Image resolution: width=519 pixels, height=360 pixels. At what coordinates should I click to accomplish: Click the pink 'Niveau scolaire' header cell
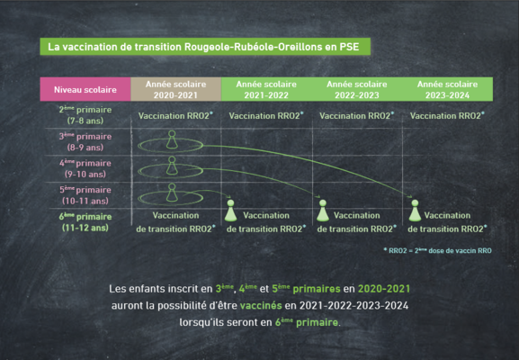(85, 89)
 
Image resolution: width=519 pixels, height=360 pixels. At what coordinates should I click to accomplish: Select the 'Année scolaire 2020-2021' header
(175, 89)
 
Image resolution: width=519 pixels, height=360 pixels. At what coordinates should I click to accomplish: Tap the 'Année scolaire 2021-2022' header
(266, 89)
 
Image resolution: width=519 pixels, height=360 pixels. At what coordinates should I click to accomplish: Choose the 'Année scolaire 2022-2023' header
(357, 89)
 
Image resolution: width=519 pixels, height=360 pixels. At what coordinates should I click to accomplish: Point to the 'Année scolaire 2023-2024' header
(448, 89)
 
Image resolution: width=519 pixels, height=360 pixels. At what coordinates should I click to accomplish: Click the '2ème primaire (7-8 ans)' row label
(85, 115)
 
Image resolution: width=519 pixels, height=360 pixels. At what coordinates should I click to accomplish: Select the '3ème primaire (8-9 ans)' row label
(85, 141)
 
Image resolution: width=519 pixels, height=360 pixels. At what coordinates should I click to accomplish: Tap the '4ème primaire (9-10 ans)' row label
(85, 168)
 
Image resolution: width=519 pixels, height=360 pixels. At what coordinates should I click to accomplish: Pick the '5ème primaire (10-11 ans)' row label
(85, 195)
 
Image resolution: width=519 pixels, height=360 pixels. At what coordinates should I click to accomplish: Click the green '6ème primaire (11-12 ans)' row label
(85, 222)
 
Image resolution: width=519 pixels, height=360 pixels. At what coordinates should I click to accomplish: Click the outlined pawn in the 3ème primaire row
(172, 139)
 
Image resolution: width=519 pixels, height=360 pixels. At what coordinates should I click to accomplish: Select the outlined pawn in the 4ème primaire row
(172, 166)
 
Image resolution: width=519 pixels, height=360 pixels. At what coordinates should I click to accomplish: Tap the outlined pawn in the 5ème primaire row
(172, 193)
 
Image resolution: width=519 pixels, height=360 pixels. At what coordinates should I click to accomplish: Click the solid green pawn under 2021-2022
(230, 211)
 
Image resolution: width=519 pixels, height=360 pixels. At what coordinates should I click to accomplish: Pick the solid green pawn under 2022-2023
(323, 211)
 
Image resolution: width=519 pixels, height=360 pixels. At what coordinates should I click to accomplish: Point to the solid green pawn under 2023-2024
(415, 211)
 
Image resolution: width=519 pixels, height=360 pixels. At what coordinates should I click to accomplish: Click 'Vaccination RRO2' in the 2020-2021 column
(175, 115)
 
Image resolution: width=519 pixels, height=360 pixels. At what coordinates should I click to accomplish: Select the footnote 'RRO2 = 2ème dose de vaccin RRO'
(437, 250)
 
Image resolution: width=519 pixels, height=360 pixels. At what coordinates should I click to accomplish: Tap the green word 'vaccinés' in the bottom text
(261, 305)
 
